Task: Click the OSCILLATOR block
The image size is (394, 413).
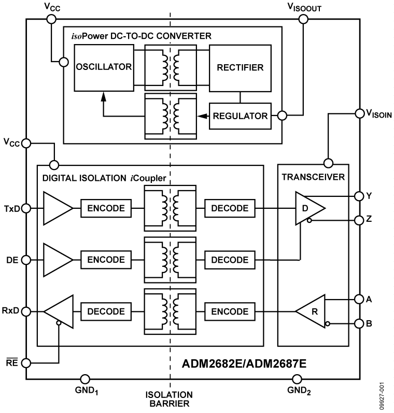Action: coord(104,67)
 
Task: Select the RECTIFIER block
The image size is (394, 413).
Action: coord(240,67)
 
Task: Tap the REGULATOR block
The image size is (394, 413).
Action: coord(240,116)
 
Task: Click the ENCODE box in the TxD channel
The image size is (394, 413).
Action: coord(106,208)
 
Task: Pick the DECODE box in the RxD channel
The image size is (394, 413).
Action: coord(106,311)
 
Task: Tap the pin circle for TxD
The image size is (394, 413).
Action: coord(26,208)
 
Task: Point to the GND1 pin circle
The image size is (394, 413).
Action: coord(85,379)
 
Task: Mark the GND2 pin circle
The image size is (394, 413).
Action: coord(297,379)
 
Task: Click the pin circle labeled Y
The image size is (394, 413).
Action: coord(358,196)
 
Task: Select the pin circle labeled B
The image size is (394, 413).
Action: coord(358,324)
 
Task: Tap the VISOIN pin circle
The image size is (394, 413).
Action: coord(358,112)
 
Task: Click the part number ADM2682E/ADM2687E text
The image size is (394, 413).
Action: coord(244,364)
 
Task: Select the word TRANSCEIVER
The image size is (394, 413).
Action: coord(313,177)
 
